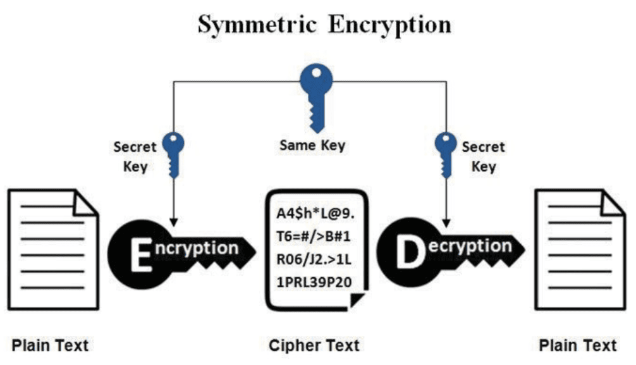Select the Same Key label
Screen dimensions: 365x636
click(x=313, y=145)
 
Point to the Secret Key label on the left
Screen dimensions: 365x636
click(x=134, y=157)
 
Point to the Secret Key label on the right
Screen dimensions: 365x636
click(x=484, y=157)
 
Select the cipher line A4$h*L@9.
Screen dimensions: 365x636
click(x=315, y=213)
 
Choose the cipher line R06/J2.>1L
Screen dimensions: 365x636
click(x=315, y=259)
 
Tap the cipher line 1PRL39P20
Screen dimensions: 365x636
click(x=315, y=282)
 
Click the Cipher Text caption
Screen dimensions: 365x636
click(x=314, y=345)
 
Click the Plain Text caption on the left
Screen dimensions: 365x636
click(x=51, y=345)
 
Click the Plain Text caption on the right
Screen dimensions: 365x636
click(x=577, y=345)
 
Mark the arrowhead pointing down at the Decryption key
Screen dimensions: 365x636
click(x=446, y=222)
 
